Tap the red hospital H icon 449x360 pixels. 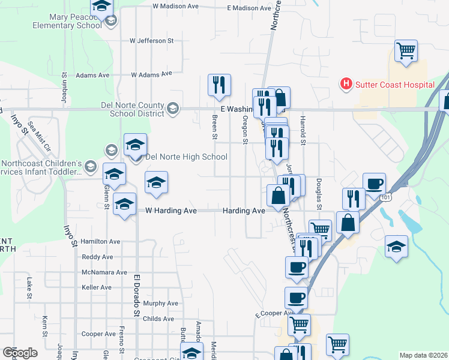coord(346,84)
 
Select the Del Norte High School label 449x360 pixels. coord(186,157)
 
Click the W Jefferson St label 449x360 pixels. coord(151,41)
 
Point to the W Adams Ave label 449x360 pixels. coord(151,75)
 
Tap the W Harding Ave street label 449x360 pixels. coord(171,211)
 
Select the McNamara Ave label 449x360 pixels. coord(105,272)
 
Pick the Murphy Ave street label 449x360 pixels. coord(161,304)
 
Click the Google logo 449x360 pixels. coord(20,353)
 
